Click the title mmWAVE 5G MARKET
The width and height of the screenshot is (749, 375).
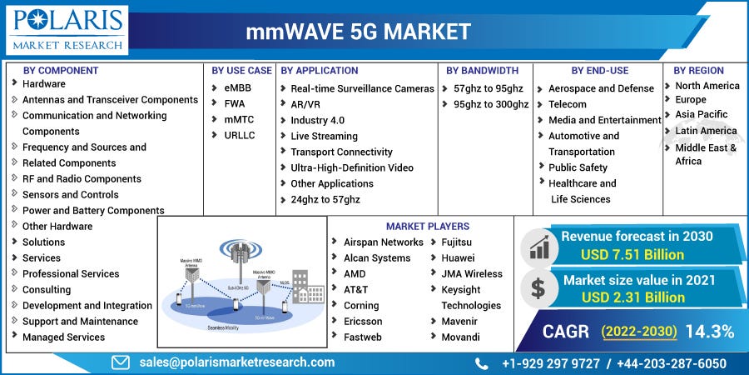(358, 32)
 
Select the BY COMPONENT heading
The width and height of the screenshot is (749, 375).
(61, 71)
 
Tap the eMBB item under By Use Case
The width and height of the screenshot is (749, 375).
(237, 88)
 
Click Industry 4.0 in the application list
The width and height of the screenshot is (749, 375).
(317, 120)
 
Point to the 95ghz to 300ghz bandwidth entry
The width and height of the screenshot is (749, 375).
(491, 104)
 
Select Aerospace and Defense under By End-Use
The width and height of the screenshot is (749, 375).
(601, 88)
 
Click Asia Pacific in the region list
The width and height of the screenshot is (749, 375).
(701, 114)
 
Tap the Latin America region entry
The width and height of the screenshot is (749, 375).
(706, 131)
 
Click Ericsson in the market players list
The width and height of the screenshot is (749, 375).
(363, 322)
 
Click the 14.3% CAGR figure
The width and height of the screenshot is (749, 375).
(710, 332)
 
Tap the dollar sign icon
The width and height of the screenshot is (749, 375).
(538, 289)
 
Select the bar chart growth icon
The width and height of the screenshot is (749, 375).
(538, 247)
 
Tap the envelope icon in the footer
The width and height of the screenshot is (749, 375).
(121, 362)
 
